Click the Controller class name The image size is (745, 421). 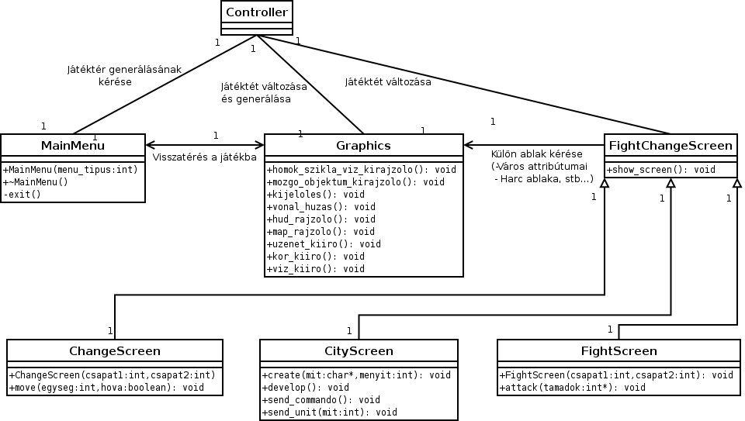[255, 12]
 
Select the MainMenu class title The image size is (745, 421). [72, 146]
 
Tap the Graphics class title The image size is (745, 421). [363, 146]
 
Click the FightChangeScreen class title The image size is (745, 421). [670, 146]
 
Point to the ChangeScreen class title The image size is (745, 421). [115, 351]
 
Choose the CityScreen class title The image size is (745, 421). [359, 351]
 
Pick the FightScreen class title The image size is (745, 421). [619, 351]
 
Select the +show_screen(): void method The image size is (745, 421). [660, 170]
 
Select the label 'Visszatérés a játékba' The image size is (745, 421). [205, 157]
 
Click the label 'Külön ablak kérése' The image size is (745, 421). [536, 154]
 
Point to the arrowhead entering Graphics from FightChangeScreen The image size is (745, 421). [468, 145]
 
